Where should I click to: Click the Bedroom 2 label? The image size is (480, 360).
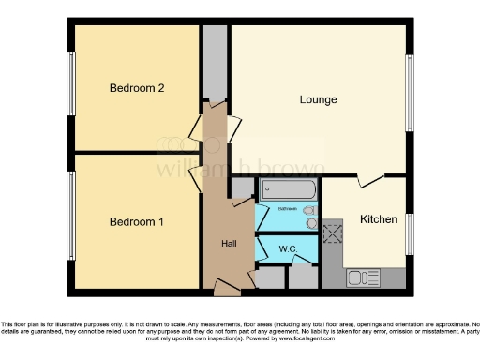click(137, 88)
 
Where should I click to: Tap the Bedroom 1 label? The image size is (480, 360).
click(137, 222)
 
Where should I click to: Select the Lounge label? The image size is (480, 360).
click(318, 99)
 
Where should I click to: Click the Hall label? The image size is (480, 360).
click(229, 243)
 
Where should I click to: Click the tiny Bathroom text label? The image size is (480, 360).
click(287, 208)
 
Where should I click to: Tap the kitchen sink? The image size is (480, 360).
click(360, 277)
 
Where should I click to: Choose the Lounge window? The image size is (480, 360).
click(410, 95)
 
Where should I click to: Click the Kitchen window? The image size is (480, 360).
click(410, 234)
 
